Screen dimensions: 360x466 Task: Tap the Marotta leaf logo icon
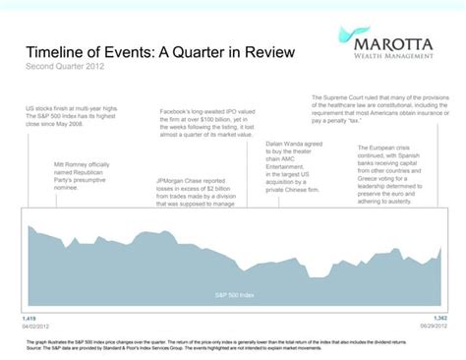tap(320, 42)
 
